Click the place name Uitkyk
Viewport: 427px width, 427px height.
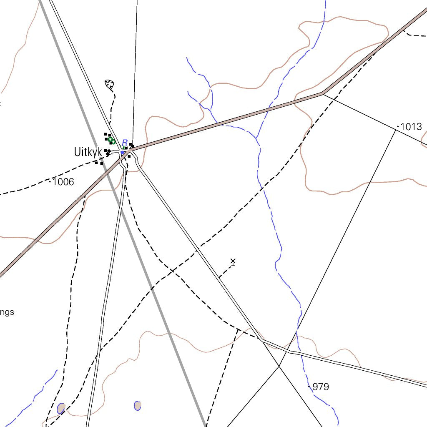coord(88,152)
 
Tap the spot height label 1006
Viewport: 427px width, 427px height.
coord(63,182)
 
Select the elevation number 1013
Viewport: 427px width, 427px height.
coord(411,127)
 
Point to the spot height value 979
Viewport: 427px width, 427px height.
coord(321,387)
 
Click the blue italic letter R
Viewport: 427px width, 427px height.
coord(124,143)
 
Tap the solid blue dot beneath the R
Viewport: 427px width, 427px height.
coord(122,153)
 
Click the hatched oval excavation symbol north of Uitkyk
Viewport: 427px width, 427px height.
coord(109,84)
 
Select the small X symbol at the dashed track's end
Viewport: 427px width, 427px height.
coord(233,261)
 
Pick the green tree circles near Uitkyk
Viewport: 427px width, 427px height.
coord(112,141)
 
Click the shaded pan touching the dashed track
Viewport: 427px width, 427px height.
coord(61,408)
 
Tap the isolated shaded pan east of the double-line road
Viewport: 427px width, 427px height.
coord(137,405)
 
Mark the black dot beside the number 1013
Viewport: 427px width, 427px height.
coord(398,126)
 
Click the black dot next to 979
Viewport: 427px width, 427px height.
coord(309,387)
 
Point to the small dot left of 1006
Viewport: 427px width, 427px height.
coord(50,181)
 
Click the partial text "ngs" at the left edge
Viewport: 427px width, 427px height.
coord(7,312)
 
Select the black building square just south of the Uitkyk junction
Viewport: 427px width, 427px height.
coord(129,157)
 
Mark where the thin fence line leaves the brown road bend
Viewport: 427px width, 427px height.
coord(324,94)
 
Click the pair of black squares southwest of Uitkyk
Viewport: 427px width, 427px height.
coord(99,163)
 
